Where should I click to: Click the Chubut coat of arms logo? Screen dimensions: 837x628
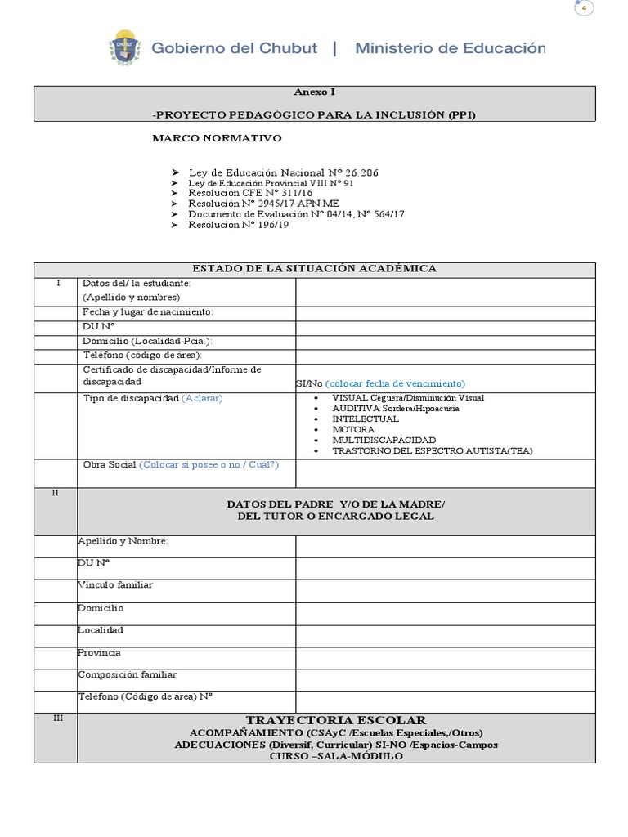(x=125, y=47)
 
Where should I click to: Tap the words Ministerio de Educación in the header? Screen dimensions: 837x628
(x=450, y=48)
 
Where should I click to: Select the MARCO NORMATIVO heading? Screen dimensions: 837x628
(x=217, y=138)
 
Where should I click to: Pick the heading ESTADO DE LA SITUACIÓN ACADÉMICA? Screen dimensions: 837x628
(x=314, y=268)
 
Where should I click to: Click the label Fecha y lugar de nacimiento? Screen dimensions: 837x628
(x=148, y=312)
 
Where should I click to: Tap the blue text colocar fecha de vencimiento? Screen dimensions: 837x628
(x=395, y=383)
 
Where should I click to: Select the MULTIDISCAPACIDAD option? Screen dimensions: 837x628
(x=384, y=440)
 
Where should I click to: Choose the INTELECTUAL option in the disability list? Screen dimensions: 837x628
(x=366, y=418)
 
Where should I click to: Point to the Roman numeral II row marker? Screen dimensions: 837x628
(x=55, y=494)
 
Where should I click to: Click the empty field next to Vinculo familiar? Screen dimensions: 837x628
(x=445, y=590)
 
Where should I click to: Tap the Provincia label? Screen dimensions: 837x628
(x=100, y=652)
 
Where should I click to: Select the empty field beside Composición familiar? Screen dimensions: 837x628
(x=445, y=678)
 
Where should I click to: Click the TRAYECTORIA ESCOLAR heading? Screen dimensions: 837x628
(x=336, y=720)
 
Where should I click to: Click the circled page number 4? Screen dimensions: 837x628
(x=584, y=8)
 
